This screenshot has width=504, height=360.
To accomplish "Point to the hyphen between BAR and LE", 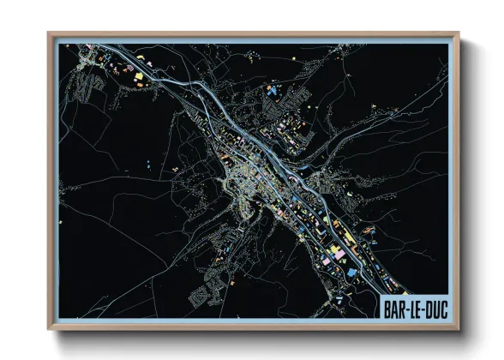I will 409,306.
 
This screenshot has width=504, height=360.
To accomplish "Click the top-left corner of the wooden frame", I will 49,33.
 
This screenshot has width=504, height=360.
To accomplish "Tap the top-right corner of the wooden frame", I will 459,33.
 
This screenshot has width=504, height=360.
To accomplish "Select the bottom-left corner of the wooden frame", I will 49,329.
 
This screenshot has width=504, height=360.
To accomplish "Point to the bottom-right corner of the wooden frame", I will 459,329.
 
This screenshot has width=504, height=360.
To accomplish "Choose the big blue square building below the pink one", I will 351,272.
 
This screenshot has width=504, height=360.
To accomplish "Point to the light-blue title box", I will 415,305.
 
